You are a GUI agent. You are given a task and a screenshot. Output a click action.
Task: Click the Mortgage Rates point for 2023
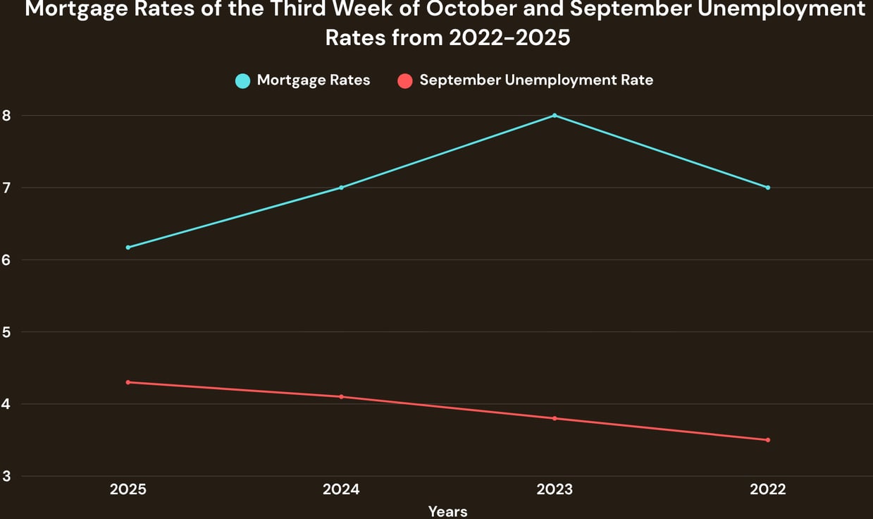555,115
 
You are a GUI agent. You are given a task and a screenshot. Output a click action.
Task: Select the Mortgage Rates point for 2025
128,248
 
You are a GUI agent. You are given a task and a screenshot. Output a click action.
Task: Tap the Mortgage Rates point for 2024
341,188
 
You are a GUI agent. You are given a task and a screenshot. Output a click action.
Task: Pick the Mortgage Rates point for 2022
767,188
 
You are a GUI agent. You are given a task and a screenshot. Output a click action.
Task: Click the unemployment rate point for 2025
128,382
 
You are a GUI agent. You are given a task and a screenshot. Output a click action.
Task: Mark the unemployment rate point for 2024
341,396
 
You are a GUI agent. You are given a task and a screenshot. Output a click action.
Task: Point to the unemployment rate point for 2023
555,418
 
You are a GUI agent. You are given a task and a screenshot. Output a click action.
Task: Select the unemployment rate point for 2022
767,440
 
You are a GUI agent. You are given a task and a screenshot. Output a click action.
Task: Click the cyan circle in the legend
242,81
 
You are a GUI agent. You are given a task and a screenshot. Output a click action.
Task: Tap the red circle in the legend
404,81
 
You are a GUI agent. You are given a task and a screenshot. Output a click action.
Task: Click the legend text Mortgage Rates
314,80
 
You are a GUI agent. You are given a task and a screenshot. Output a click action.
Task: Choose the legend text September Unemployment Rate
536,80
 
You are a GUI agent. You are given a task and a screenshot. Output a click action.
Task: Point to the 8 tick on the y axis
7,116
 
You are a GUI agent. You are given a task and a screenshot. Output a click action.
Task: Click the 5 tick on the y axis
7,332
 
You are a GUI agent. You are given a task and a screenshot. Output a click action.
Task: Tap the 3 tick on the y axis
7,477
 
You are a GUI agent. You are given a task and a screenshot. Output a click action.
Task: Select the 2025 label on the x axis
128,489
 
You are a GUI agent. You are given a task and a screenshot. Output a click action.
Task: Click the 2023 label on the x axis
555,489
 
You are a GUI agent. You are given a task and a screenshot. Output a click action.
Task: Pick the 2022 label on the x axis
767,489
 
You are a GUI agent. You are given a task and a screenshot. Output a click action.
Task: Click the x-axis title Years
447,511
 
